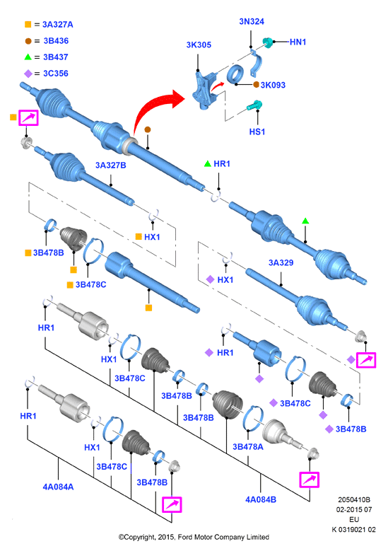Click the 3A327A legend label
pyautogui.click(x=57, y=25)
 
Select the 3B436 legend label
pyautogui.click(x=56, y=41)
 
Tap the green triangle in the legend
pyautogui.click(x=28, y=57)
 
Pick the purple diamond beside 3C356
pyautogui.click(x=28, y=74)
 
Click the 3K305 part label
pyautogui.click(x=199, y=45)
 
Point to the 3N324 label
pyautogui.click(x=252, y=21)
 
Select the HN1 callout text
pyautogui.click(x=298, y=42)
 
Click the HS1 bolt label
pyautogui.click(x=257, y=132)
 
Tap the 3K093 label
pyautogui.click(x=273, y=85)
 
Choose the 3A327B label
pyautogui.click(x=111, y=166)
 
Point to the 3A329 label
pyautogui.click(x=281, y=263)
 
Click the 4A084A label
pyautogui.click(x=58, y=487)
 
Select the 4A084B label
pyautogui.click(x=261, y=499)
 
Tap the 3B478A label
pyautogui.click(x=248, y=447)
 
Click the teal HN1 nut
pyautogui.click(x=269, y=42)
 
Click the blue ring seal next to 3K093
pyautogui.click(x=235, y=75)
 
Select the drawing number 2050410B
pyautogui.click(x=354, y=499)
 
